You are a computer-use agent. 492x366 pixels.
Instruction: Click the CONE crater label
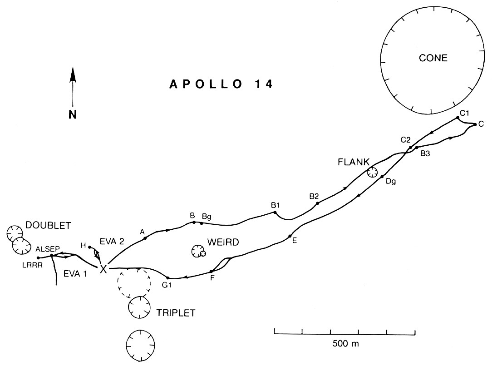[x=433, y=58]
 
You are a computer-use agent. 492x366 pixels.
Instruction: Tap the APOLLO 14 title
[x=221, y=84]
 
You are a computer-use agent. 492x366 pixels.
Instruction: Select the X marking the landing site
[x=103, y=268]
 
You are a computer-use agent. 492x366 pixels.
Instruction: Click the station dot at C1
[x=458, y=118]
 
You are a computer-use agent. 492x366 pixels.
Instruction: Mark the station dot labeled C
[x=474, y=124]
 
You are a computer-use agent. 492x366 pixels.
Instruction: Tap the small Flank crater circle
[x=372, y=172]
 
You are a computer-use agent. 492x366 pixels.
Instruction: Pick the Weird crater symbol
[x=198, y=251]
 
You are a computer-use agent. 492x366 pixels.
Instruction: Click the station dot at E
[x=290, y=236]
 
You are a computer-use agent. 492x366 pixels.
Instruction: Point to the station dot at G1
[x=168, y=277]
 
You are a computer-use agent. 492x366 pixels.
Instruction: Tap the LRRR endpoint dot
[x=38, y=258]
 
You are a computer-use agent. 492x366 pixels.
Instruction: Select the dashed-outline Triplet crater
[x=134, y=282]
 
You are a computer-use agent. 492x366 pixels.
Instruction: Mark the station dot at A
[x=145, y=238]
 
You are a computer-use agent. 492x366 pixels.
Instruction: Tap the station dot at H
[x=90, y=247]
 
